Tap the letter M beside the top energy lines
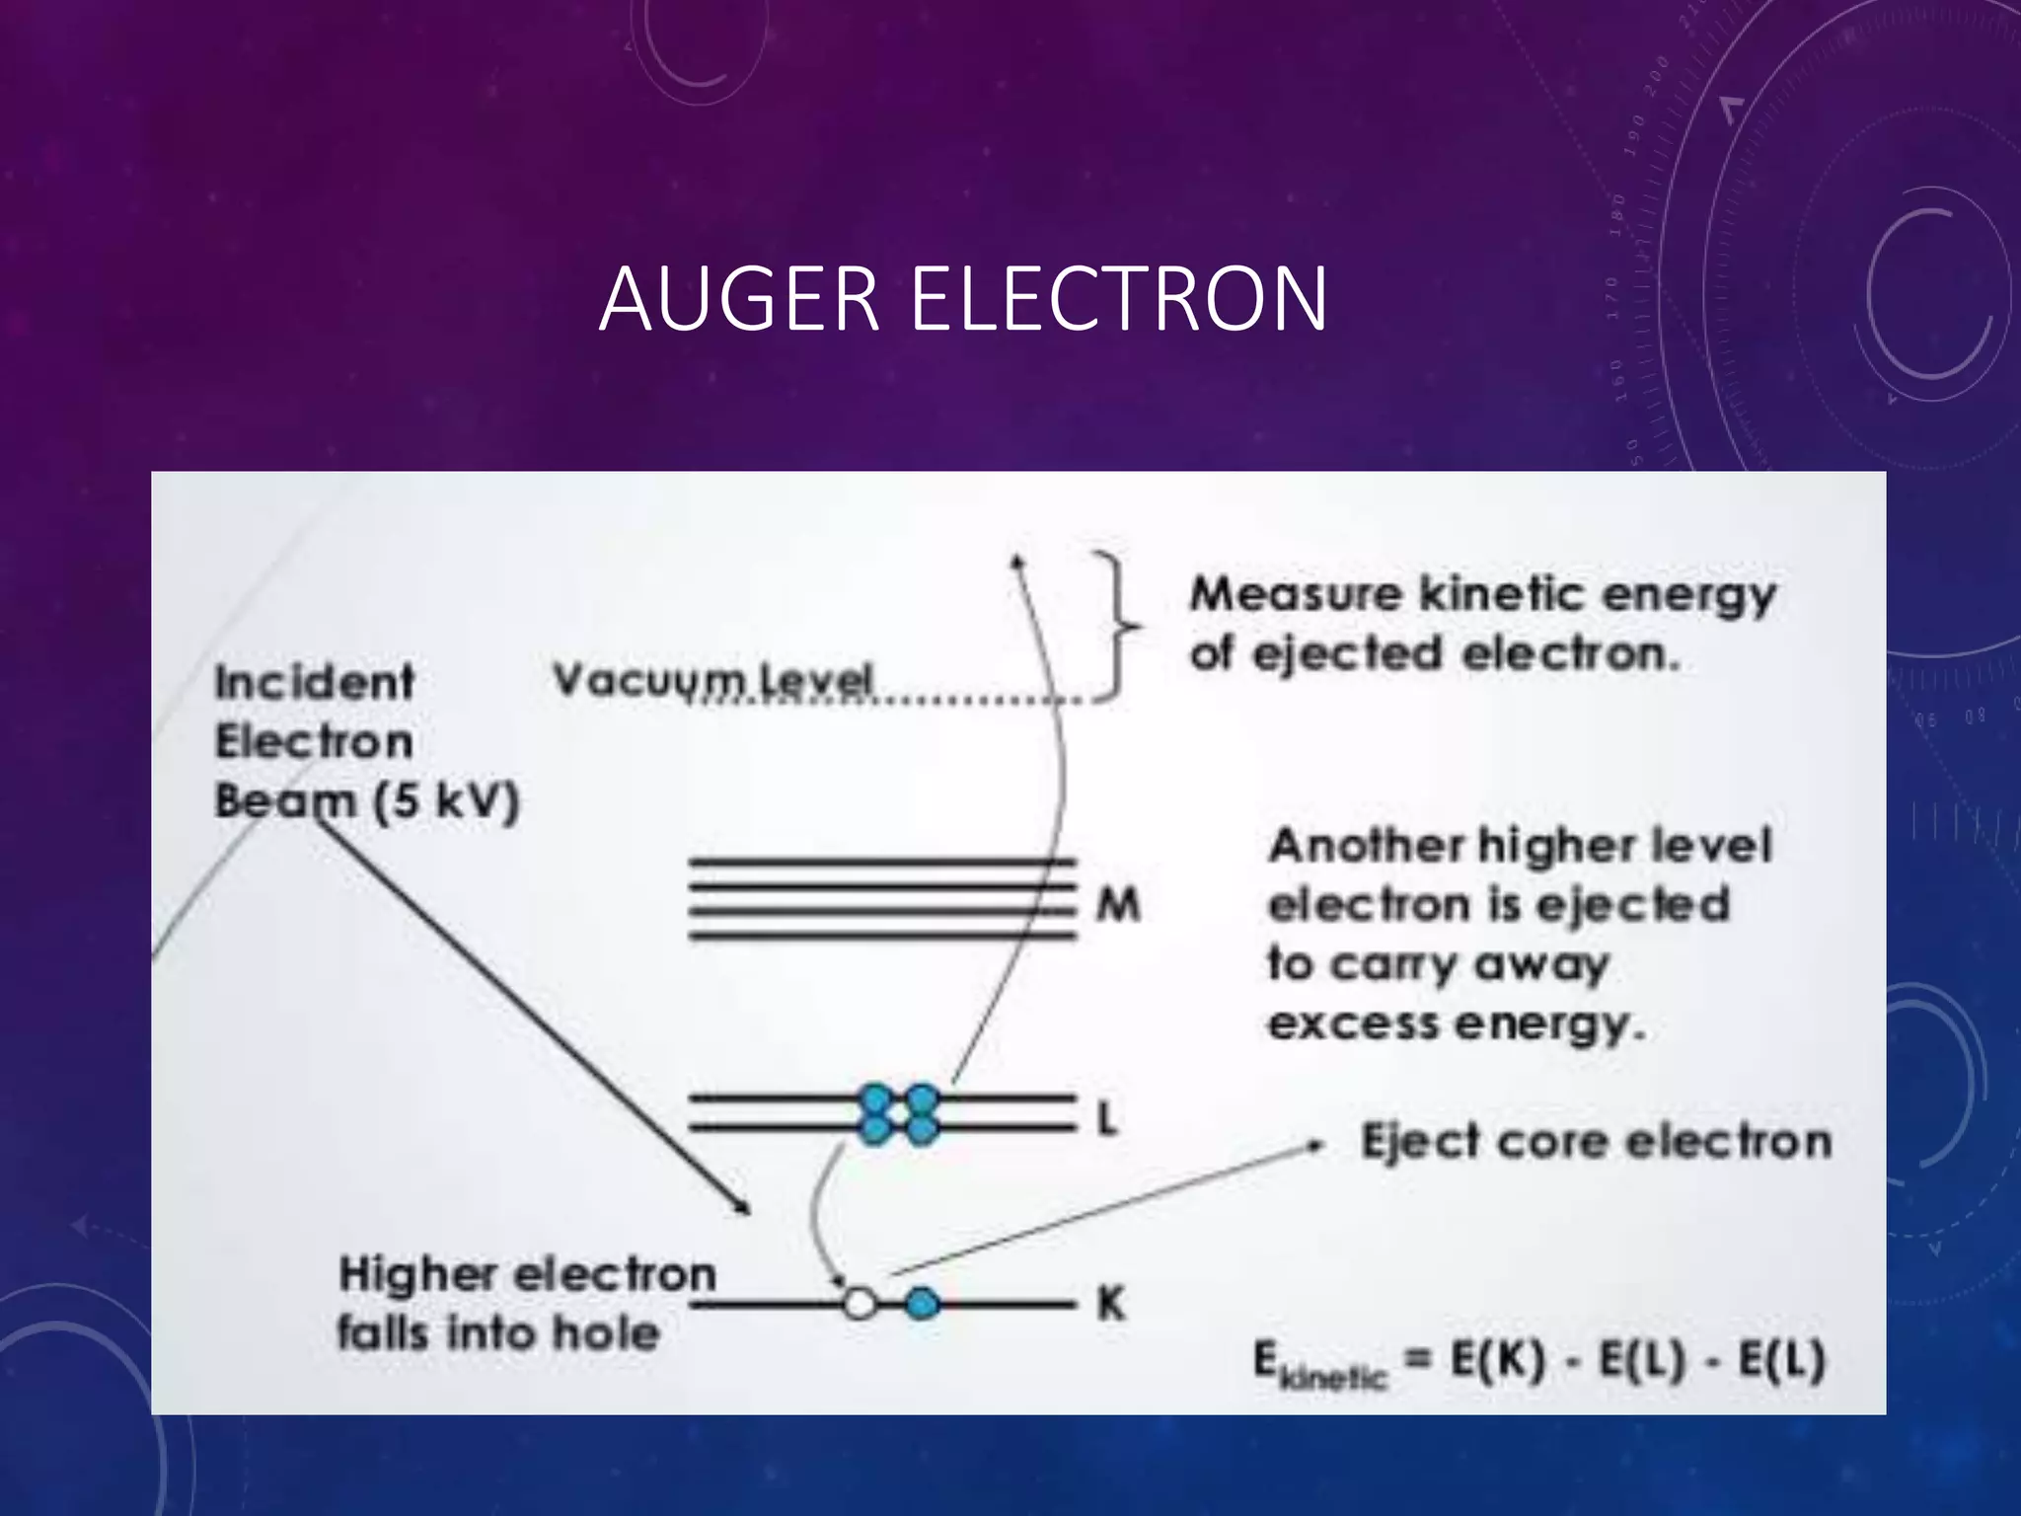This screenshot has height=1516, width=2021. click(1118, 904)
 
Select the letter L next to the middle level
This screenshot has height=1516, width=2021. click(1107, 1119)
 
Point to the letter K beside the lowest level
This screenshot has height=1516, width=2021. click(1110, 1304)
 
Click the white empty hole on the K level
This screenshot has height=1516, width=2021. click(860, 1304)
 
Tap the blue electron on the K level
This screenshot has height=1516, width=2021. click(922, 1304)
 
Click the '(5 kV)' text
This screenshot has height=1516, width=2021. click(446, 801)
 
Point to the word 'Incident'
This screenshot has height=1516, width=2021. click(314, 682)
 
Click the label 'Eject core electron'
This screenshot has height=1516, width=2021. click(1596, 1142)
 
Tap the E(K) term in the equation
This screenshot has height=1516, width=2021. click(1497, 1360)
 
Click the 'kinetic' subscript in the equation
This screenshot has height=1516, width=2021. click(1332, 1376)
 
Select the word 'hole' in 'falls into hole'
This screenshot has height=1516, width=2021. click(605, 1333)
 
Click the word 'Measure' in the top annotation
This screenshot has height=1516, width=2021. click(1296, 594)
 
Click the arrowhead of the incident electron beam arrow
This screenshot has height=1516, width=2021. click(744, 1207)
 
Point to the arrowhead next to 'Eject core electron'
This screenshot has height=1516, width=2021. click(1314, 1146)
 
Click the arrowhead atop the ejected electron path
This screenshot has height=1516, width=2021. click(1018, 561)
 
